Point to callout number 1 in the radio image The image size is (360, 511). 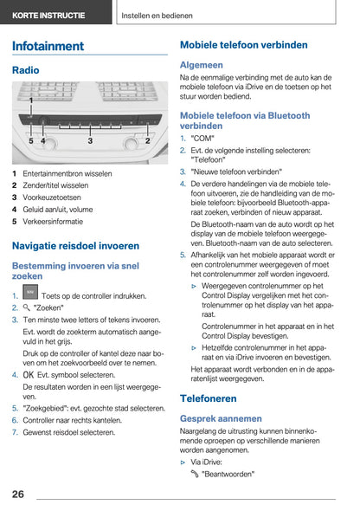pyautogui.click(x=31, y=101)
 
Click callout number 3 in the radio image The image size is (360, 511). pyautogui.click(x=90, y=140)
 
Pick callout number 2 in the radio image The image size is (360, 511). pyautogui.click(x=148, y=140)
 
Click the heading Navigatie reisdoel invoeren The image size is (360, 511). pyautogui.click(x=76, y=246)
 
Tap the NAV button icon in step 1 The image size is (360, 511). pyautogui.click(x=30, y=294)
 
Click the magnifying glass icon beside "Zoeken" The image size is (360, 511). pyautogui.click(x=27, y=307)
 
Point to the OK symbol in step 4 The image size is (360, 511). pyautogui.click(x=29, y=375)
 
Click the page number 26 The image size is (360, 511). pyautogui.click(x=18, y=494)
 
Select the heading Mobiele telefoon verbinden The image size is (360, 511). pyautogui.click(x=243, y=44)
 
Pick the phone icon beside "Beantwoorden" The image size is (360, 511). pyautogui.click(x=195, y=474)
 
